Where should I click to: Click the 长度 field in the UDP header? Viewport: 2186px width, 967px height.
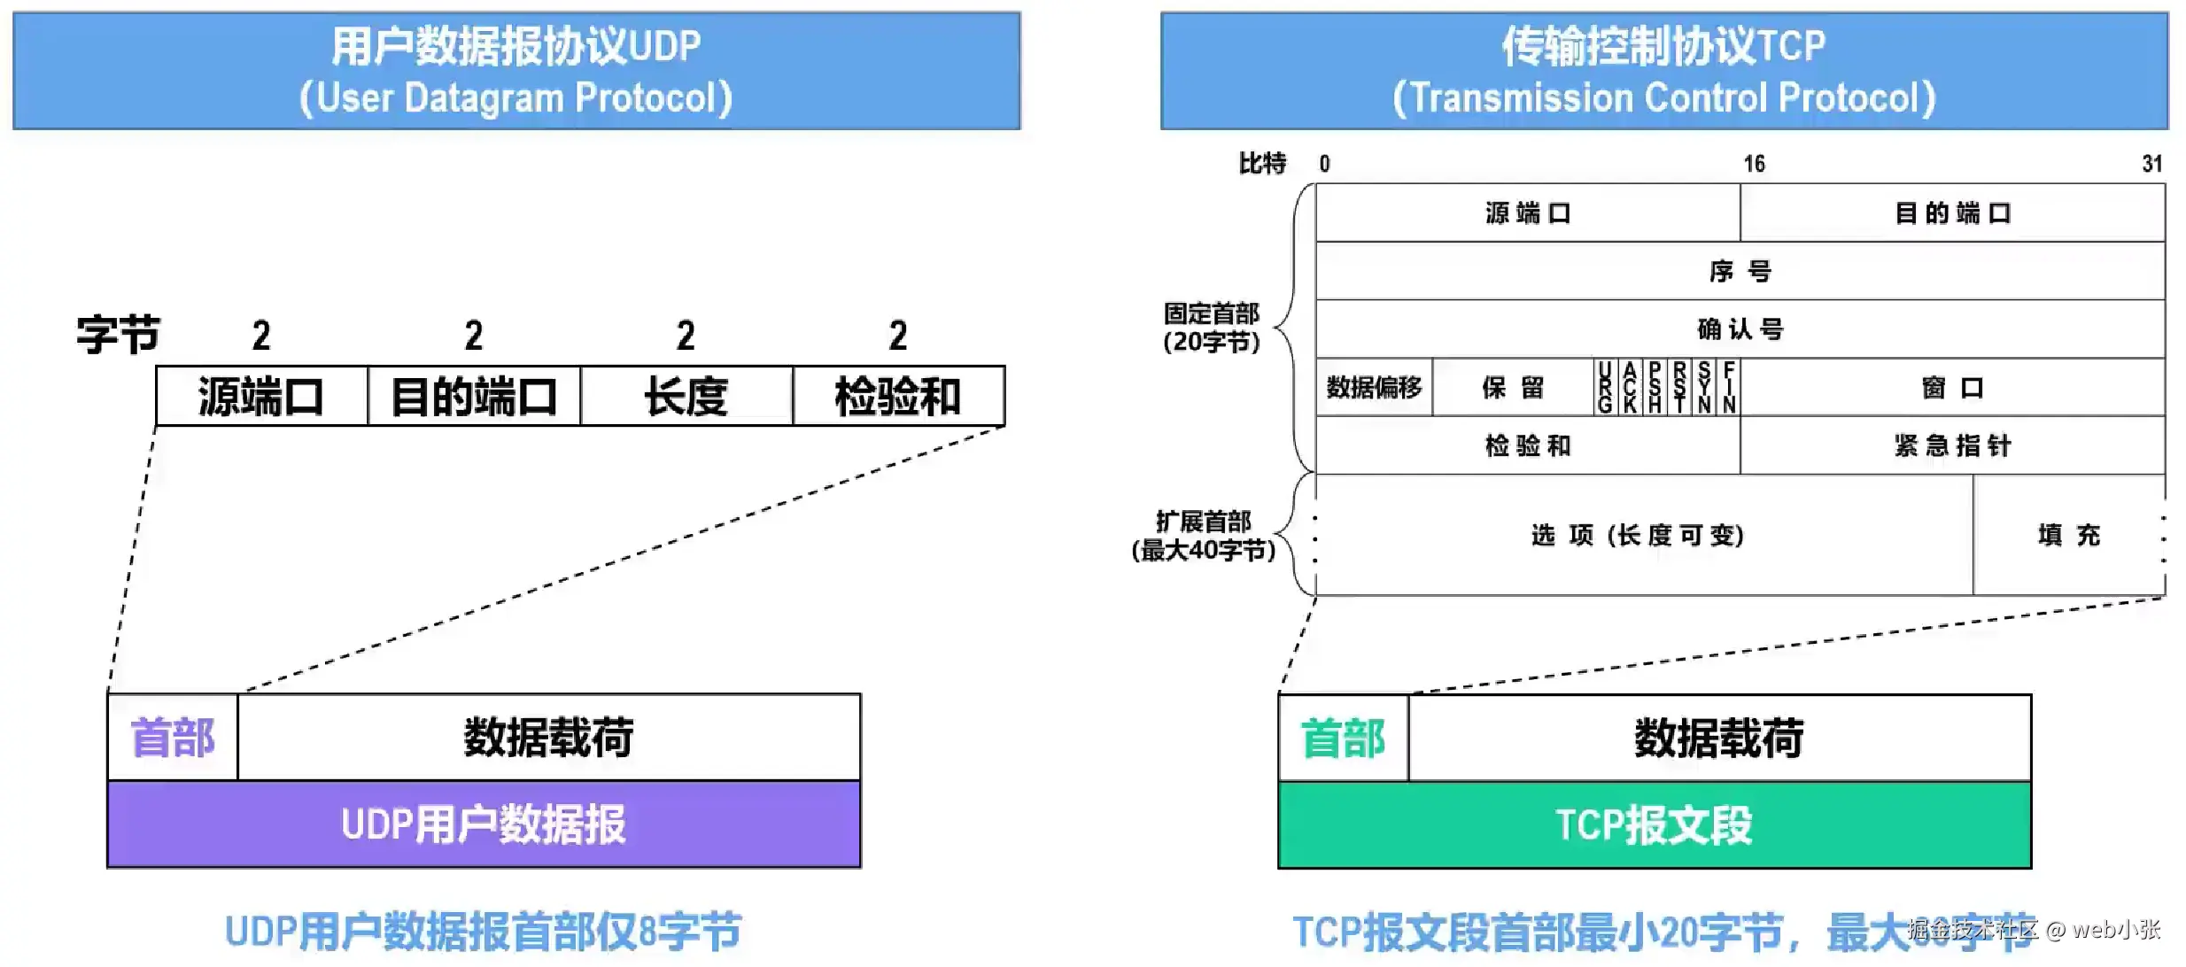click(686, 396)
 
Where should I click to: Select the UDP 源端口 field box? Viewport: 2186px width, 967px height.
click(261, 396)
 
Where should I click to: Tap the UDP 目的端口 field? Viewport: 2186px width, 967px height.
click(474, 396)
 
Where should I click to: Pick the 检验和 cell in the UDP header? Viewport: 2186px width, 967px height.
click(898, 396)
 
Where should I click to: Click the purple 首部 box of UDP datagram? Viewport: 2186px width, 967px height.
click(173, 738)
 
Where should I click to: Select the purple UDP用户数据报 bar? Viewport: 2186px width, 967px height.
click(484, 824)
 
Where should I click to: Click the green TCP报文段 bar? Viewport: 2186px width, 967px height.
click(1654, 825)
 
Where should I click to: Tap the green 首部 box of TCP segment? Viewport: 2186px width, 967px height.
click(1343, 739)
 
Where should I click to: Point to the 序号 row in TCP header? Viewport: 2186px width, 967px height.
click(1740, 271)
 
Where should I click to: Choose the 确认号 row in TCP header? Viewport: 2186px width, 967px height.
click(1740, 329)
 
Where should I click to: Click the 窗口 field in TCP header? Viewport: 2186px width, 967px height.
click(1952, 387)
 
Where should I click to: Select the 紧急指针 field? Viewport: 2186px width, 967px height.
click(1952, 445)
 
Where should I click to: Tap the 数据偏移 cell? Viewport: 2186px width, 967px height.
click(1374, 387)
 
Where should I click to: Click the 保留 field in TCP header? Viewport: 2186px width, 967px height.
click(1512, 387)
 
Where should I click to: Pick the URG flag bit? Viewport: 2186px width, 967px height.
click(1605, 387)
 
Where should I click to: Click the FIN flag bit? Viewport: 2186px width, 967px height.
click(1728, 387)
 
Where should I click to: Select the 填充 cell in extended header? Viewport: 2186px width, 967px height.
click(2068, 535)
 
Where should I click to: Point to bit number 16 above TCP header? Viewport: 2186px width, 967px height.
click(1754, 164)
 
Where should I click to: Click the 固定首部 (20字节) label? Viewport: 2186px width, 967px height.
click(1211, 327)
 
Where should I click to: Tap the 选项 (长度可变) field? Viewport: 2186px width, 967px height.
click(1637, 535)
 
